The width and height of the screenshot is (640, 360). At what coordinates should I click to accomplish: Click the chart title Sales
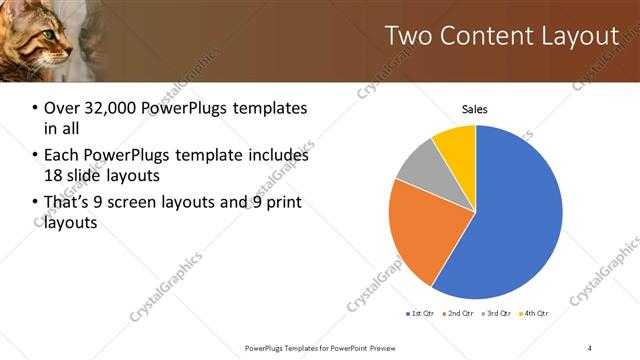click(475, 109)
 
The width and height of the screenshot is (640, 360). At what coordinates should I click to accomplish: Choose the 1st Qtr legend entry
click(419, 314)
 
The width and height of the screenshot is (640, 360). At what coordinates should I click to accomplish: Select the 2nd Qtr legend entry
click(459, 314)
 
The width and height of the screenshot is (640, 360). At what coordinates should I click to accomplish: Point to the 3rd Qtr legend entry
click(498, 314)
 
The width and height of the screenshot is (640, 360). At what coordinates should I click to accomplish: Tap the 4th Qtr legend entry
click(536, 314)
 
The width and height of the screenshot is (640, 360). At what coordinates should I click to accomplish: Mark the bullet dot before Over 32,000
click(36, 108)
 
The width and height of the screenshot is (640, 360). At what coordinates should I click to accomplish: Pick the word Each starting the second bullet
click(62, 155)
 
